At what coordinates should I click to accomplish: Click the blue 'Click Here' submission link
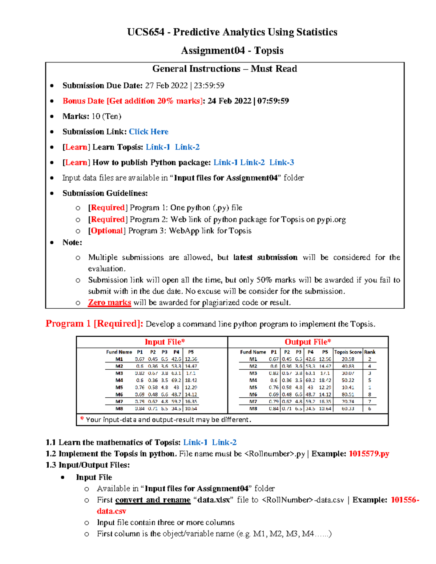tap(149, 131)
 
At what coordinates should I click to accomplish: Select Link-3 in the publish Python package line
tap(282, 162)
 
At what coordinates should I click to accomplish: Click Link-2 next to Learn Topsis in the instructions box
tap(187, 147)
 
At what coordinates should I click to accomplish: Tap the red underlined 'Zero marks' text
tap(109, 303)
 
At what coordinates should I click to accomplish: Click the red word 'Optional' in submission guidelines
tap(107, 231)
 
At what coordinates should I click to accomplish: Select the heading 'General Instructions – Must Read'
tap(225, 69)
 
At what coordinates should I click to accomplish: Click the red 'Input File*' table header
tap(165, 342)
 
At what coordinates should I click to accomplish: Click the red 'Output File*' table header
tap(308, 342)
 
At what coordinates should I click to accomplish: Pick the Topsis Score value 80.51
tap(348, 394)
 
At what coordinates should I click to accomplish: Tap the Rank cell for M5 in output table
tap(370, 388)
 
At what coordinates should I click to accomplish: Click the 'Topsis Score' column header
tap(348, 352)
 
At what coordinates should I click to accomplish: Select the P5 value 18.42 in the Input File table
tap(191, 380)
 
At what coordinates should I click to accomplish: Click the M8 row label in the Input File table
tap(119, 409)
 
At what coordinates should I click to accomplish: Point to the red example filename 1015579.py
tap(369, 454)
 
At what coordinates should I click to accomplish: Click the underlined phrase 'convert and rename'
tap(153, 500)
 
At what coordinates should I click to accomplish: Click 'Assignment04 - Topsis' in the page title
tap(232, 50)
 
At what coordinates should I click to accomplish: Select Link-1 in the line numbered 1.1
tap(195, 442)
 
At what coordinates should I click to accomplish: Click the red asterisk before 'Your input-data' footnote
tap(82, 419)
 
